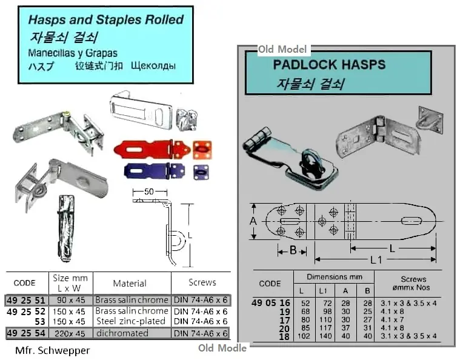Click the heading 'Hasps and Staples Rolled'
pos(105,19)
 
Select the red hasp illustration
pos(151,148)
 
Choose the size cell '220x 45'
pos(71,333)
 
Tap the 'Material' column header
pos(130,283)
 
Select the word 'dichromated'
pos(121,333)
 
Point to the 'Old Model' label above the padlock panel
pos(282,49)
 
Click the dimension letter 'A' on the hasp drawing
pos(253,221)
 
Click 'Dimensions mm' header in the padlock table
pos(334,276)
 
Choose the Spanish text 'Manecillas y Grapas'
pos(73,53)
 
